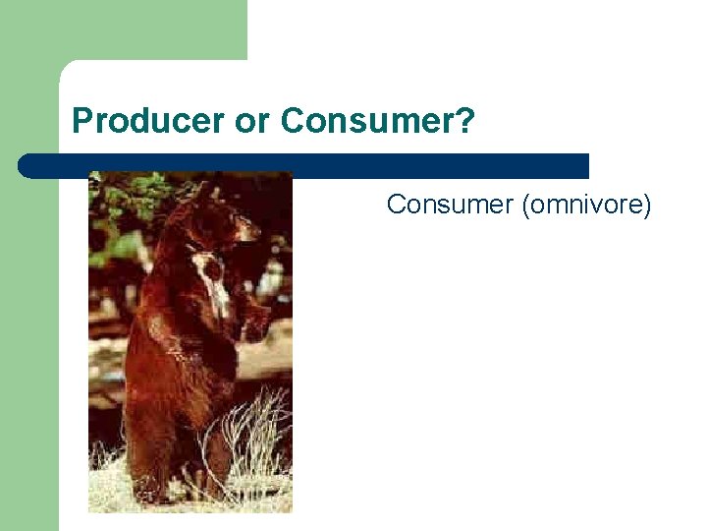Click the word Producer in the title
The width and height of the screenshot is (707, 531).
point(148,122)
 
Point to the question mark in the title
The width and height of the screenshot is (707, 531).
point(467,122)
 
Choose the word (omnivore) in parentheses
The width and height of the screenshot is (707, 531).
point(586,205)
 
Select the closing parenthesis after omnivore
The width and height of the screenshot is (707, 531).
point(647,205)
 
